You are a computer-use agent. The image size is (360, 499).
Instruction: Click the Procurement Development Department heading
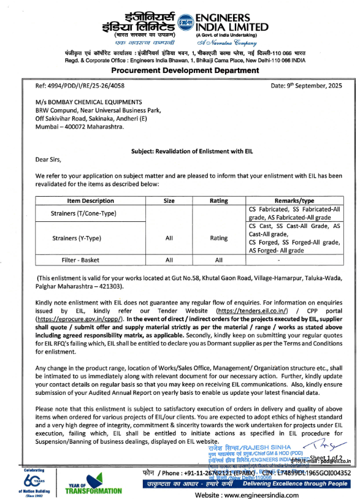[x=180, y=70]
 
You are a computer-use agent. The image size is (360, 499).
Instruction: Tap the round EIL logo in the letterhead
[x=185, y=24]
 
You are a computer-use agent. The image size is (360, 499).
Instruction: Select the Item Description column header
[x=90, y=200]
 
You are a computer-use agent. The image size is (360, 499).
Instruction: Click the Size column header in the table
[x=169, y=200]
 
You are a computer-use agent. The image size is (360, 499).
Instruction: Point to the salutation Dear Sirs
[x=49, y=161]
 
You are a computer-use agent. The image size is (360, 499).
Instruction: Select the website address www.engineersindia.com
[x=247, y=493]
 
